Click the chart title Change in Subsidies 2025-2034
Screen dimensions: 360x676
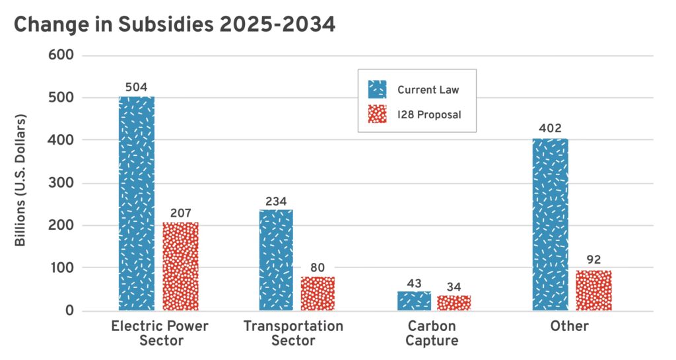(174, 25)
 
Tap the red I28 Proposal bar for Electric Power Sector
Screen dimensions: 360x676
(180, 266)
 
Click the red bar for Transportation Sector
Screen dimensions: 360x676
(318, 293)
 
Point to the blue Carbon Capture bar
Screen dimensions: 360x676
(414, 301)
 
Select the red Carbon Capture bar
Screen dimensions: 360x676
(454, 303)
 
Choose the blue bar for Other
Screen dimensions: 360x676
(551, 224)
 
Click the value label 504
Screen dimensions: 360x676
(137, 87)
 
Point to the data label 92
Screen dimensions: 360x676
(593, 260)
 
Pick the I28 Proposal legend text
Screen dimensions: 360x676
(428, 114)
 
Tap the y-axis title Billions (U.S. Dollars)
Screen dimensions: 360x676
(20, 181)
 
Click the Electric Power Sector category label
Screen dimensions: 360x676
(159, 334)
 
